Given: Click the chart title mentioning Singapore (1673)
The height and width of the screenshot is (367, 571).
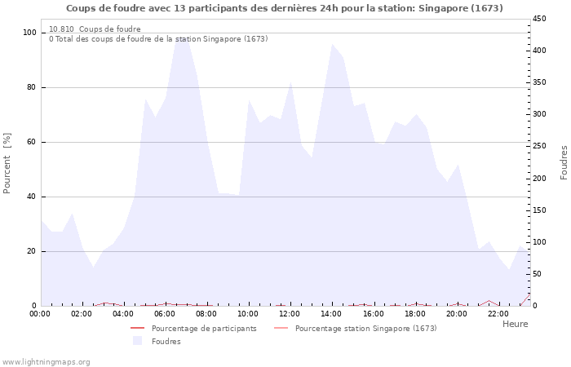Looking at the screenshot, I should pos(285,8).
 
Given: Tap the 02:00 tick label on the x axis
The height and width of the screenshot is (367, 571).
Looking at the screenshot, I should pos(82,313).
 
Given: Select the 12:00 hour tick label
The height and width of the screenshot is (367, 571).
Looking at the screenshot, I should pos(290,313).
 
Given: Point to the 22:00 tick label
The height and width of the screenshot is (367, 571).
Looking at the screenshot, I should pos(498,313).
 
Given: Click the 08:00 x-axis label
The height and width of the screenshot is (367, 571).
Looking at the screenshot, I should pos(207,313).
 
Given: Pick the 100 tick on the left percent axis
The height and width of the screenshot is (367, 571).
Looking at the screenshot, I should pos(29,33).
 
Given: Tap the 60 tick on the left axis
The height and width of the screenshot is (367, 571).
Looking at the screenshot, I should pos(32,142).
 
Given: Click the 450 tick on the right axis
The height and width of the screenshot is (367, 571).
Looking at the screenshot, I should pos(541,19).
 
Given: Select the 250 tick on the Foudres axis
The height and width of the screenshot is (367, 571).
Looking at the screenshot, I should pos(541,146).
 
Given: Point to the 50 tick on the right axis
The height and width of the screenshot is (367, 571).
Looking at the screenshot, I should pos(538,274).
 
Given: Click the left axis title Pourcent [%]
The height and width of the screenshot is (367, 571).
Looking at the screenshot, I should pos(7,163).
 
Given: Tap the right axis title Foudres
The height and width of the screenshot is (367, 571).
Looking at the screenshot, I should pos(564,162).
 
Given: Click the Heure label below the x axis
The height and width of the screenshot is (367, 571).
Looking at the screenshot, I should pos(515,324).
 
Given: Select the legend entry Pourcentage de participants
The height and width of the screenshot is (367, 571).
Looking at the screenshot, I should pos(204,329).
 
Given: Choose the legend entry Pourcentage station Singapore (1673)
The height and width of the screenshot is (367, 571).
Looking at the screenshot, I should pos(365,329).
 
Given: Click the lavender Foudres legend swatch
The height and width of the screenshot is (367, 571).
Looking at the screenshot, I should pos(137,341).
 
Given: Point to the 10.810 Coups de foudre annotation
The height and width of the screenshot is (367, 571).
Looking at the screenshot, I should pos(95,29).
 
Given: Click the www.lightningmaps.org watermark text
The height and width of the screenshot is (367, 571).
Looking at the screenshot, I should pos(46,362).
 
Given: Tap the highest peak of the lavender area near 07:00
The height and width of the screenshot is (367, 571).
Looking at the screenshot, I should pos(181,34).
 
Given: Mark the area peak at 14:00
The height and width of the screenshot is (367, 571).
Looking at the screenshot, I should pos(332,44).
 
